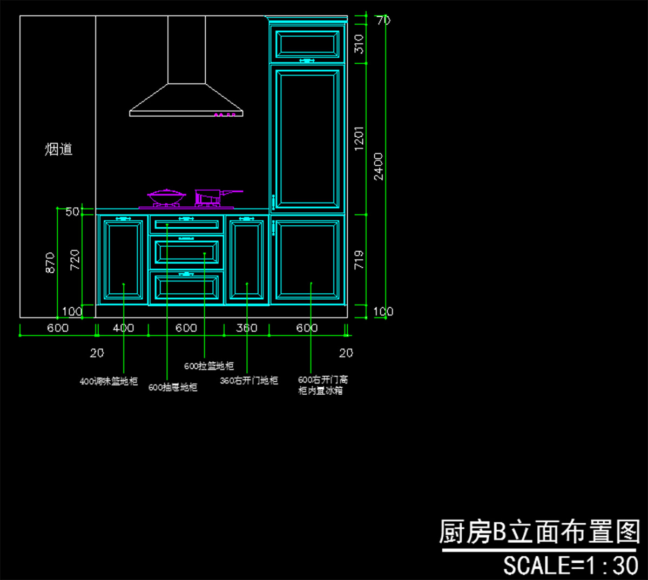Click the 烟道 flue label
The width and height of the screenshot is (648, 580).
point(58,149)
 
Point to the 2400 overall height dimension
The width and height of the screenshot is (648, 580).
point(379,166)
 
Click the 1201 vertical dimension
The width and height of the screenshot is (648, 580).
point(359,139)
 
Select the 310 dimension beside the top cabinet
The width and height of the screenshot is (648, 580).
point(359,44)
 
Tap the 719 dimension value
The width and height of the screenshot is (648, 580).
point(359,260)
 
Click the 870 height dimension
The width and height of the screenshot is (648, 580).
point(50,262)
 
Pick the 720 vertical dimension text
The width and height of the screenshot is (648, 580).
point(75,260)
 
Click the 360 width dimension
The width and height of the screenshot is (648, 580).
point(247,328)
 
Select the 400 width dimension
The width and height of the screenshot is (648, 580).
point(123,328)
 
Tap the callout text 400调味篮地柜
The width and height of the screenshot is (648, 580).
point(109,381)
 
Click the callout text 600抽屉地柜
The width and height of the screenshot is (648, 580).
point(173,387)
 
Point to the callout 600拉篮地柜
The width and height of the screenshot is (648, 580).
point(209,366)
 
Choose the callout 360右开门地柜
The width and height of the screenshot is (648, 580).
point(249,381)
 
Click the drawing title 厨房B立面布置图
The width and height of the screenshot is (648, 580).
point(539,532)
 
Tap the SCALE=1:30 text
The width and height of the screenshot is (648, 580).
point(571,565)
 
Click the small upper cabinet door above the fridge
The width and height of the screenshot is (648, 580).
point(307,43)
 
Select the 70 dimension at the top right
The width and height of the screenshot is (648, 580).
point(383,21)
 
